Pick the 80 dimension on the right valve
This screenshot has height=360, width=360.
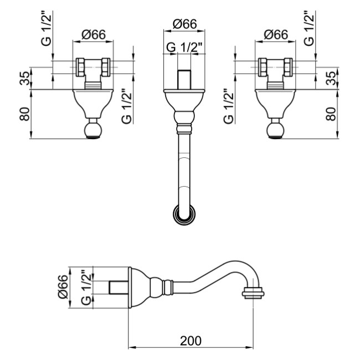pyautogui.click(x=331, y=114)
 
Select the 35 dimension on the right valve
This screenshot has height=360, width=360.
pyautogui.click(x=331, y=78)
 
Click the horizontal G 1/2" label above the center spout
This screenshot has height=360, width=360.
pyautogui.click(x=186, y=48)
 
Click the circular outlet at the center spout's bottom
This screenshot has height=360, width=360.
pyautogui.click(x=184, y=213)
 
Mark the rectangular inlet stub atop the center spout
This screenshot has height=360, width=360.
pyautogui.click(x=184, y=79)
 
